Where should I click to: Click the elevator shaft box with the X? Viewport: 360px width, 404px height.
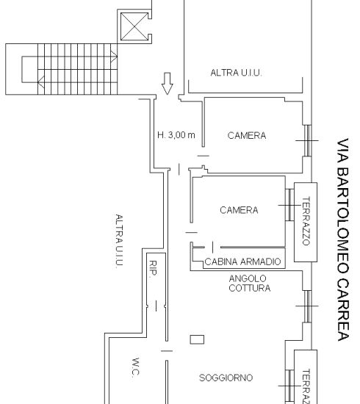[x=134, y=26]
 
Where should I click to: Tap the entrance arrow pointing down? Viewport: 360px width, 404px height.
[x=168, y=84]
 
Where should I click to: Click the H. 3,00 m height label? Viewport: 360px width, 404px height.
[x=176, y=134]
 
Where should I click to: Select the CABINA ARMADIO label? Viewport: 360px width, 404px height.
[x=242, y=261]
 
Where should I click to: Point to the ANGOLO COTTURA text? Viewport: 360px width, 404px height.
[x=250, y=283]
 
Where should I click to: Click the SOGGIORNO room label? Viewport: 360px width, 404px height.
[x=226, y=378]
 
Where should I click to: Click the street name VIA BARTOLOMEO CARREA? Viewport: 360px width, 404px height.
[x=343, y=239]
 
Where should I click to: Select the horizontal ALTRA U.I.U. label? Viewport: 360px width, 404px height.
[x=236, y=73]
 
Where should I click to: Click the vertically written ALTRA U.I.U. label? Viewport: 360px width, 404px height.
[x=119, y=242]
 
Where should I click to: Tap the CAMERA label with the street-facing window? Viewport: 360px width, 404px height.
[x=247, y=136]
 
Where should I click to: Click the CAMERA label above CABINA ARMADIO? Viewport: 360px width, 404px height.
[x=239, y=210]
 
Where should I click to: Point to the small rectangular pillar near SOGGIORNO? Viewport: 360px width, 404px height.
[x=197, y=339]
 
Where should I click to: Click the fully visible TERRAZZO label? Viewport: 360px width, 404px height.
[x=306, y=221]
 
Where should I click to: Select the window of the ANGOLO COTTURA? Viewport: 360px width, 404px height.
[x=307, y=306]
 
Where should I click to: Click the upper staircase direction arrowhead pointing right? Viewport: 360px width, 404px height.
[x=114, y=57]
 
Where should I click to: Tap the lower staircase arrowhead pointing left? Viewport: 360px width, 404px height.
[x=41, y=82]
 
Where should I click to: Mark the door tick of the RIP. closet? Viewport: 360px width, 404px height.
[x=156, y=306]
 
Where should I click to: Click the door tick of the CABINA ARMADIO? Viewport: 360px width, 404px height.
[x=212, y=248]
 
